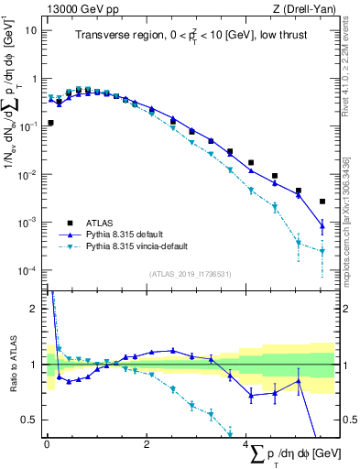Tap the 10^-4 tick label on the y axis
[30, 271]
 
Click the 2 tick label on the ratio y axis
[37, 308]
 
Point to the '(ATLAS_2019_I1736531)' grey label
[190, 274]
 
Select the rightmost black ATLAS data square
[322, 202]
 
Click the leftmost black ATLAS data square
[50, 123]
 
